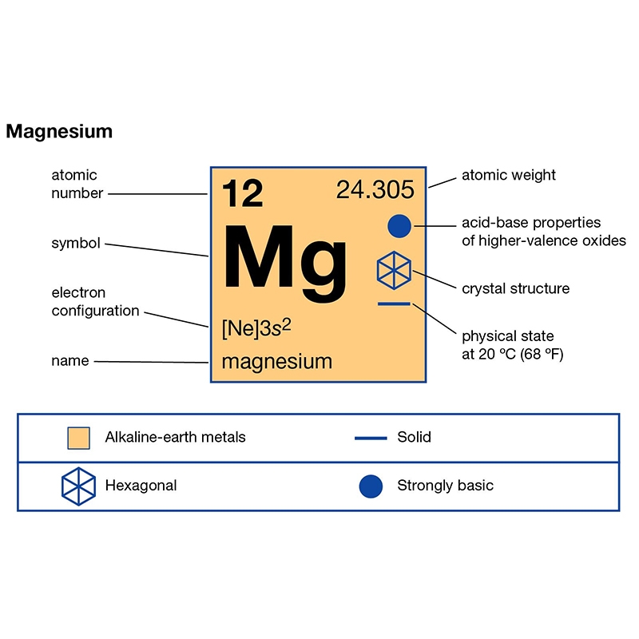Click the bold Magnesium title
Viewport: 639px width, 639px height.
coord(59,131)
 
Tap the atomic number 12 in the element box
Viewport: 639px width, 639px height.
coord(243,193)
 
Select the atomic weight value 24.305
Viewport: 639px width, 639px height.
coord(375,189)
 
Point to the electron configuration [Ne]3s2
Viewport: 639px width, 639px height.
coord(256,328)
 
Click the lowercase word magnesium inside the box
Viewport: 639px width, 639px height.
coord(277,362)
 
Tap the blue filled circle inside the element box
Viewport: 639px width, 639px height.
coord(399,226)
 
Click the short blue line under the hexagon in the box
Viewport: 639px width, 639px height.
coord(394,304)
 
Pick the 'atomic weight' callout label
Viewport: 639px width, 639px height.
coord(509,175)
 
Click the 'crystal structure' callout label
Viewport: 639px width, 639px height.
coord(515,288)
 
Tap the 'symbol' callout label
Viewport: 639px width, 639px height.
coord(76,244)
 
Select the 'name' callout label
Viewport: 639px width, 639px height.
coord(70,361)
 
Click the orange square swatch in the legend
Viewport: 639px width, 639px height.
coord(78,438)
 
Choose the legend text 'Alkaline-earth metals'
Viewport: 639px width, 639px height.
coord(175,437)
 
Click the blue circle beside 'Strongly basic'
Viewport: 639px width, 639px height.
coord(371,486)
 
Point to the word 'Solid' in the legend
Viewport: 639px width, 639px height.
coord(414,437)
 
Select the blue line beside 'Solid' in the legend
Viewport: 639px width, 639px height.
coord(371,438)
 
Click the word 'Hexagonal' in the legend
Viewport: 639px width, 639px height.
coord(141,486)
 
